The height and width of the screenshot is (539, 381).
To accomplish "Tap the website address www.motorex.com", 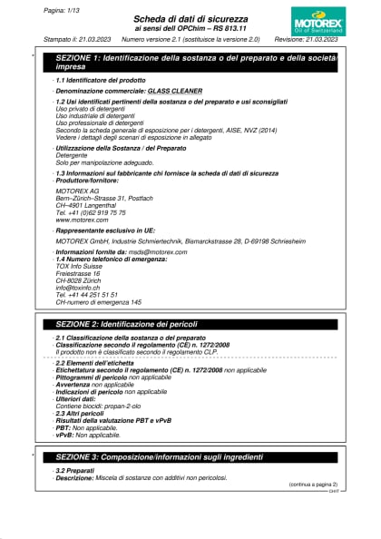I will click(x=82, y=220).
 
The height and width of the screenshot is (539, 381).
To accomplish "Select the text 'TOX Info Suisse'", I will click(x=79, y=266).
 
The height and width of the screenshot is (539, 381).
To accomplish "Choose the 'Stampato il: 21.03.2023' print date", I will click(x=78, y=40).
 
